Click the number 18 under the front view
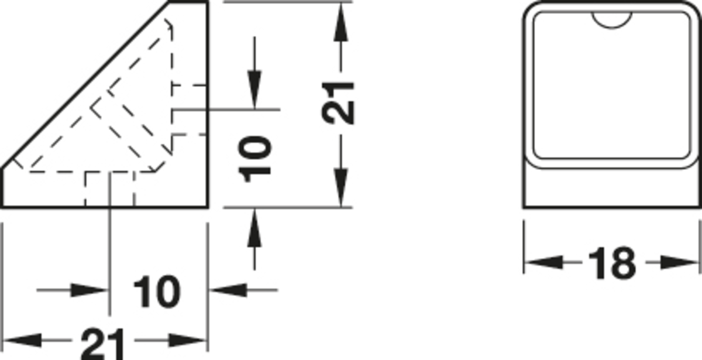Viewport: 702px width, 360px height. (x=612, y=263)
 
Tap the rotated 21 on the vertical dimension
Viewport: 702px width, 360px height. (x=339, y=102)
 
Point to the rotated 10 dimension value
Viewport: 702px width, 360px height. (x=256, y=158)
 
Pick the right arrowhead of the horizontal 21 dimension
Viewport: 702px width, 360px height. (x=188, y=340)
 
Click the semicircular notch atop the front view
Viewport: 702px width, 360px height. (x=612, y=20)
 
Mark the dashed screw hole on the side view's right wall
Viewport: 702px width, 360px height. (x=190, y=110)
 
